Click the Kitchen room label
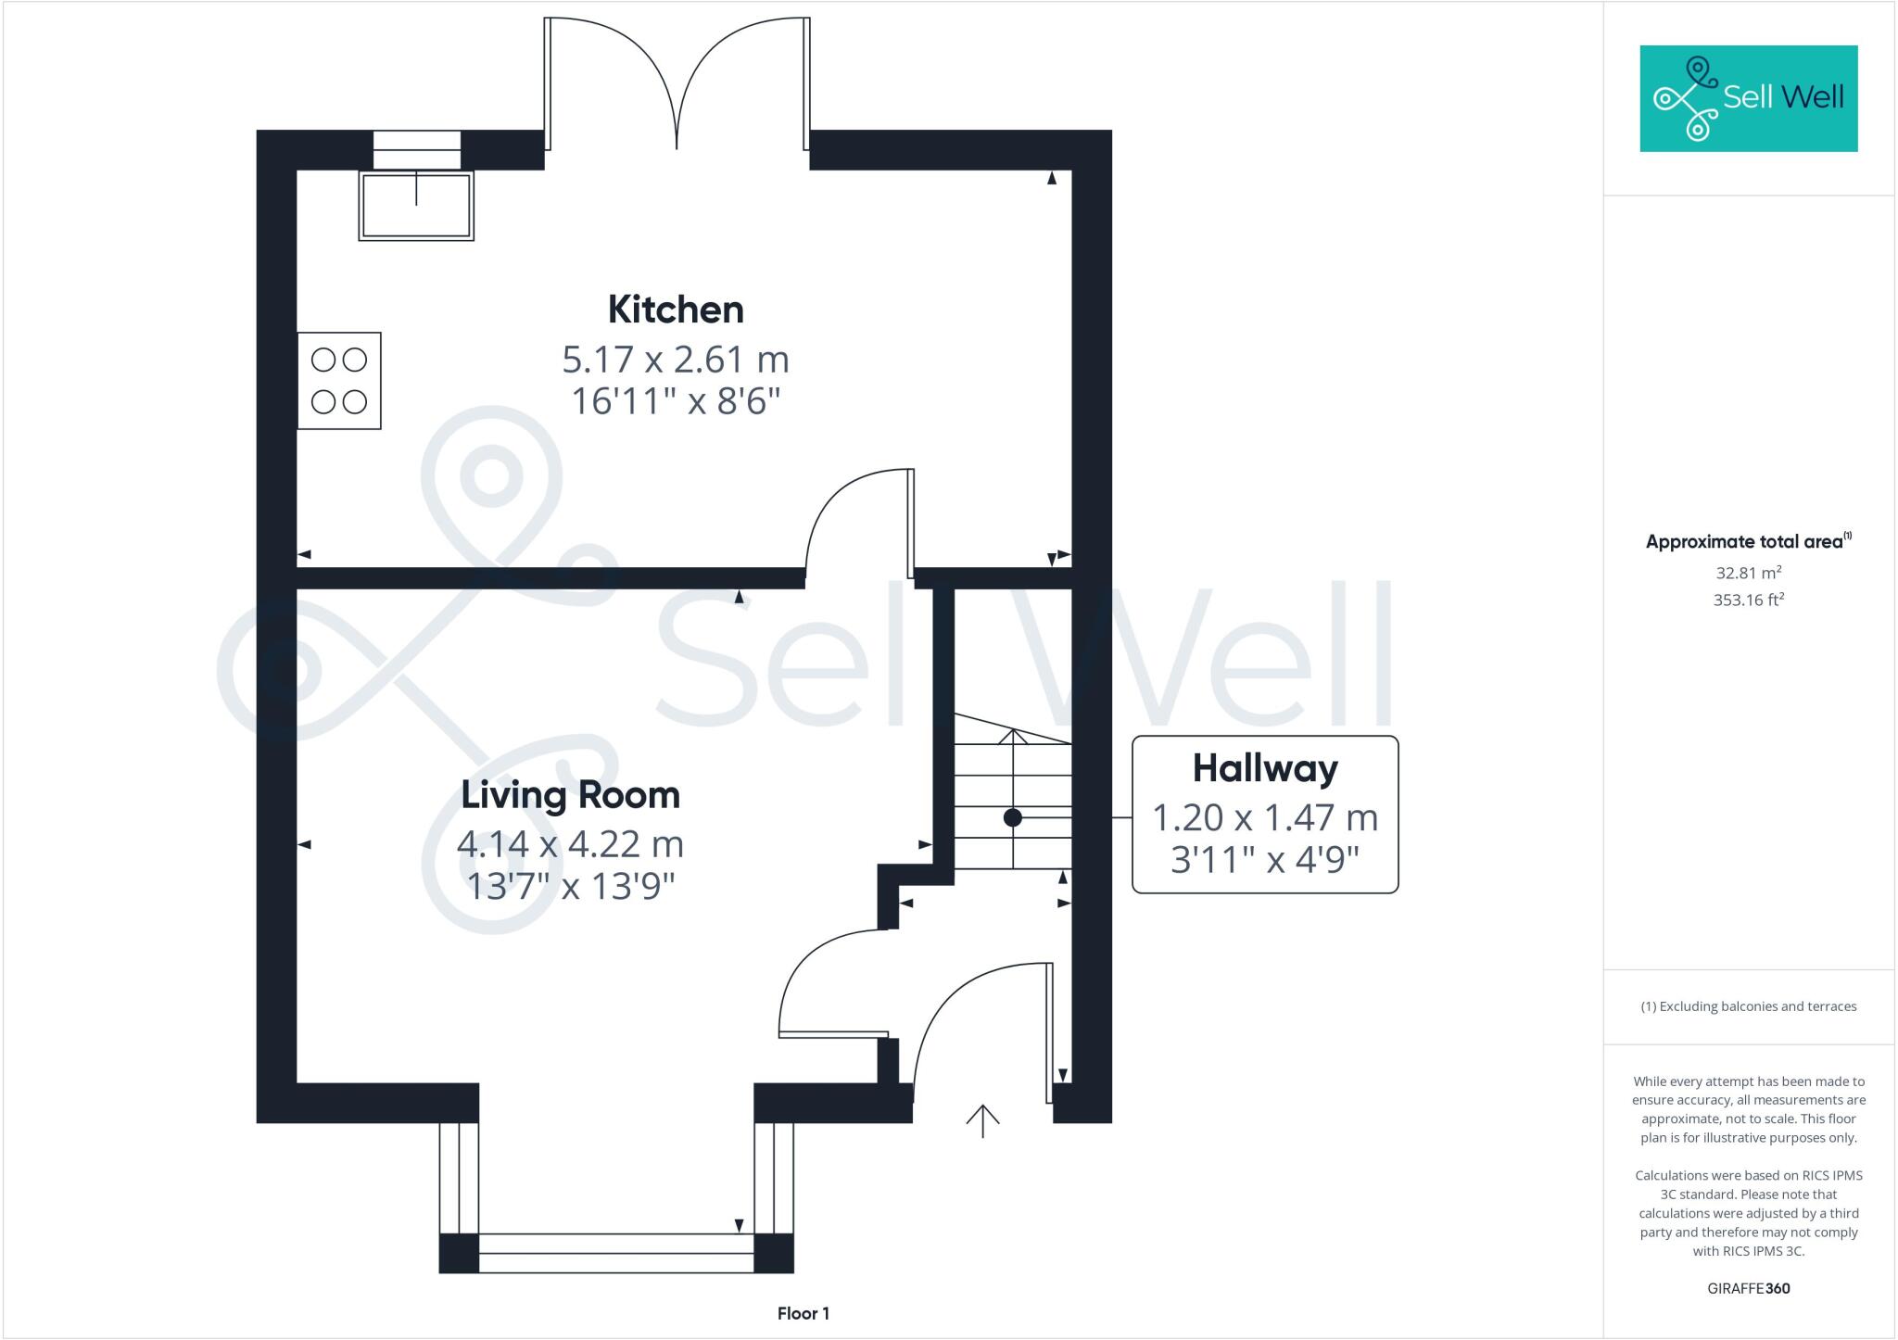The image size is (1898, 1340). click(x=676, y=310)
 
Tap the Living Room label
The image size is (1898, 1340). click(x=570, y=795)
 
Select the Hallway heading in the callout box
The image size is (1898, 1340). click(x=1265, y=768)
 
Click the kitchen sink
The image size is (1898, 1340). click(x=416, y=206)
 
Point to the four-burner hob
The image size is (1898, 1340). click(x=339, y=381)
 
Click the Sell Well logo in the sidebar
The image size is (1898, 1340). click(x=1749, y=98)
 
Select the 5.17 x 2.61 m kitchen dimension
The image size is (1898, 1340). click(x=676, y=360)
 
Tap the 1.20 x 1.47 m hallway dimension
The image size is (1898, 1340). click(x=1265, y=818)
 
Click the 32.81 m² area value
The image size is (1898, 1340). click(x=1749, y=573)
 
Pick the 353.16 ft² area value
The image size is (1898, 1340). click(x=1749, y=600)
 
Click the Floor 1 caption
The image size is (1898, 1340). click(x=803, y=1313)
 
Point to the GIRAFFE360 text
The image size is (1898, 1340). click(x=1749, y=1288)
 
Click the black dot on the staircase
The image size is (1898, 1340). click(x=1013, y=818)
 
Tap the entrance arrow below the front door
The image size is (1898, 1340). click(x=982, y=1120)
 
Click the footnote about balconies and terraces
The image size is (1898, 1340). click(x=1749, y=1006)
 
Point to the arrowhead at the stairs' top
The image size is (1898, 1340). click(x=1013, y=736)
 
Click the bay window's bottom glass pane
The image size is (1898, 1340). click(x=616, y=1253)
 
